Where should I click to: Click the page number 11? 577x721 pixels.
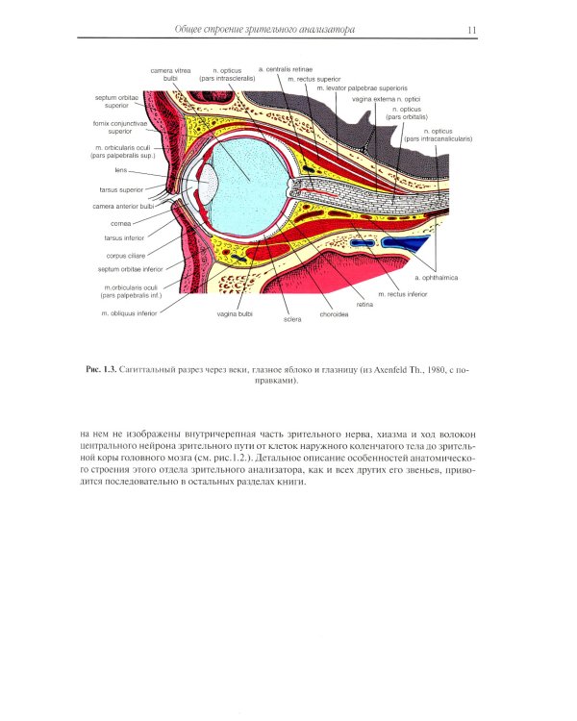click(x=471, y=30)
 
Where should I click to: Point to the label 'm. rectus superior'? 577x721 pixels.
click(x=314, y=79)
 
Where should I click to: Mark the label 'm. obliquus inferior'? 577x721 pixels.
click(x=130, y=313)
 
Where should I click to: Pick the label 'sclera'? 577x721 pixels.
click(x=292, y=319)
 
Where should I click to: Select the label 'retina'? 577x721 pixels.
click(x=364, y=305)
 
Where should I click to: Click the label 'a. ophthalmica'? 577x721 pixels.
click(x=437, y=277)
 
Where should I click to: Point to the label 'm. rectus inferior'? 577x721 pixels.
click(x=403, y=294)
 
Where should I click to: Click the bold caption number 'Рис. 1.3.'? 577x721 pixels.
click(x=99, y=369)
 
